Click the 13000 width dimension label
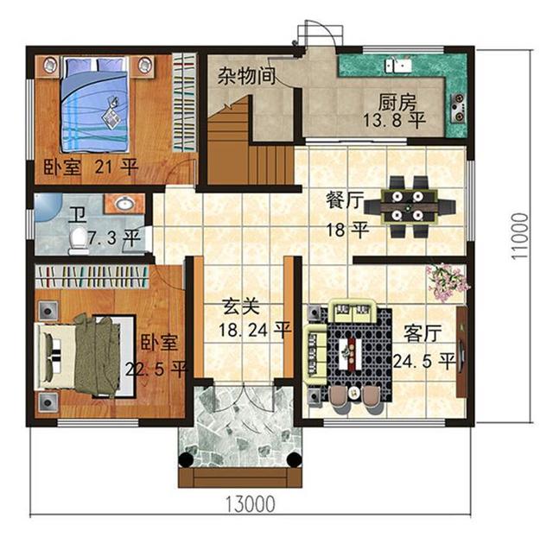coord(250,503)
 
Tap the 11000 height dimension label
coord(520,236)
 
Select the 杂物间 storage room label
coord(246,75)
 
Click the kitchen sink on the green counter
coord(398,66)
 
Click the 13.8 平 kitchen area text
coord(394,120)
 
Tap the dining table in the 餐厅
coord(409,206)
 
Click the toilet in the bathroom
coord(79,240)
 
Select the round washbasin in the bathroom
coord(124,203)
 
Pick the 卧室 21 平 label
coord(91,167)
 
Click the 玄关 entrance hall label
coord(242,306)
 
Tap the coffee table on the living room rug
coord(351,353)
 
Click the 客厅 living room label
coord(423,332)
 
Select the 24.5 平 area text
coord(424,361)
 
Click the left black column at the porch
coord(186,460)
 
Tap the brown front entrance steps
coord(240,477)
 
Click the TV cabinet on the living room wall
coord(461,352)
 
